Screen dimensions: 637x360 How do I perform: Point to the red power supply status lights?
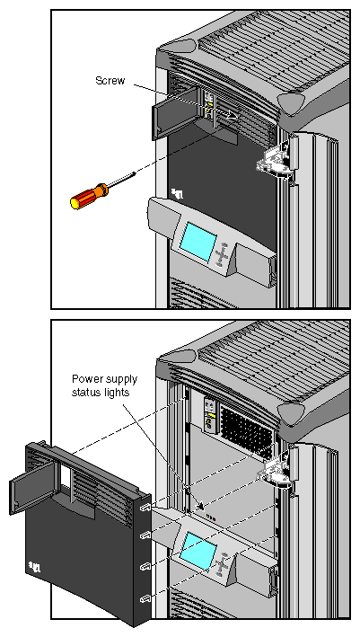click(209, 518)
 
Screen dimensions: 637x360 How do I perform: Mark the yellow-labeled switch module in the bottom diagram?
click(209, 412)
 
